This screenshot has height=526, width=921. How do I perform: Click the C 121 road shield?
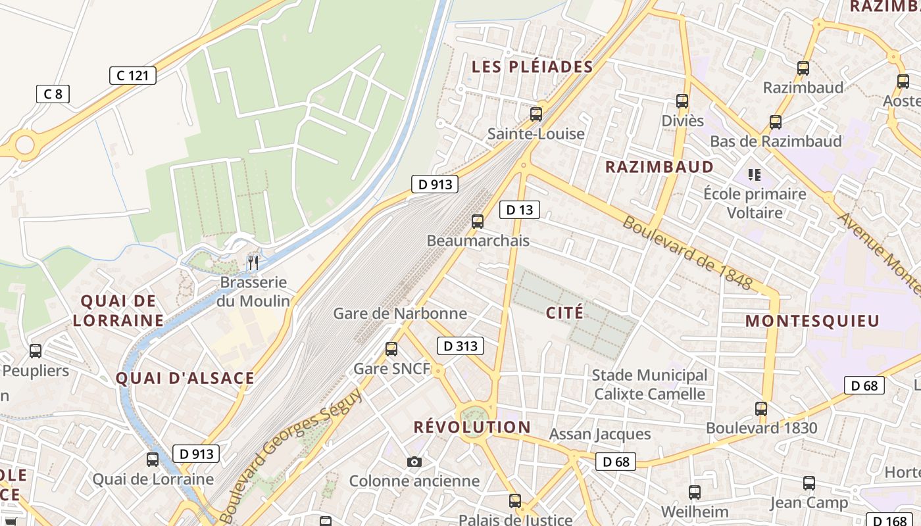[x=132, y=76]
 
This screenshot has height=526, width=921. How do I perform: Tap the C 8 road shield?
[x=53, y=94]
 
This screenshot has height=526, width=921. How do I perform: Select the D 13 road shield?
[x=520, y=210]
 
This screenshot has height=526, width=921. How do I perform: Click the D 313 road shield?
[x=460, y=346]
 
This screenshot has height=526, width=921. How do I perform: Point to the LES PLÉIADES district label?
[x=533, y=66]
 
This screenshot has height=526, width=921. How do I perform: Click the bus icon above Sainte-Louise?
[x=536, y=114]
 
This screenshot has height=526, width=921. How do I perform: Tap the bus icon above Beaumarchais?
[x=478, y=222]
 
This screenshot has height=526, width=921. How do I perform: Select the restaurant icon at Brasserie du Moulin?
[x=253, y=263]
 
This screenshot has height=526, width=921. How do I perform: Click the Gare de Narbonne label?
[x=400, y=313]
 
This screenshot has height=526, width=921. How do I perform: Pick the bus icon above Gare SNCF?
[x=391, y=349]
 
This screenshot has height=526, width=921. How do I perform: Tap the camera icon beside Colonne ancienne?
[x=414, y=462]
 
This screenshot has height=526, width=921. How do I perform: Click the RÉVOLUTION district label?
[x=472, y=427]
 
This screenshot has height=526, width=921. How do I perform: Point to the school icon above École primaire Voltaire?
[x=755, y=175]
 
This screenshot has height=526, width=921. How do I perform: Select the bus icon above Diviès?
[x=682, y=101]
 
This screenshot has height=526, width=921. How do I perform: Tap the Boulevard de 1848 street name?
[x=687, y=252]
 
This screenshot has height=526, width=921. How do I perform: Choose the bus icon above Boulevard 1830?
[x=761, y=409]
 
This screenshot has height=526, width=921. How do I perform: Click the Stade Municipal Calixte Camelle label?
[x=649, y=385]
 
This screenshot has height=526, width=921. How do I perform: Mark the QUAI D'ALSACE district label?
[x=185, y=378]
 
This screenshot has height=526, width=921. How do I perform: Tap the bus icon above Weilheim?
[x=695, y=492]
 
